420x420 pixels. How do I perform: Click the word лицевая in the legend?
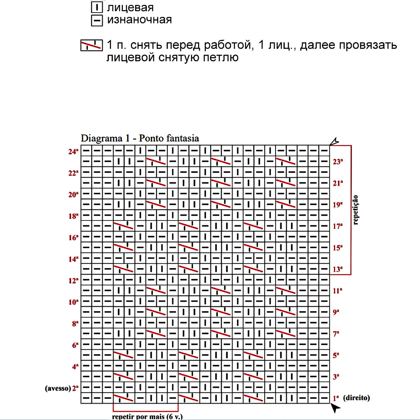tap(130, 8)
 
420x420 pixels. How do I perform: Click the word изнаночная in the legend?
tap(139, 20)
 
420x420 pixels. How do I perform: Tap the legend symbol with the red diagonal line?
tap(91, 45)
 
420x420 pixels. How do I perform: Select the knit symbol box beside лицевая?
tap(97, 7)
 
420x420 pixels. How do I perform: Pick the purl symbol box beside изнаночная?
tap(97, 20)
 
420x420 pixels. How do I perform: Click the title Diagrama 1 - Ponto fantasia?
tap(140, 138)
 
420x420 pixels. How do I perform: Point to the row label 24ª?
tap(73, 152)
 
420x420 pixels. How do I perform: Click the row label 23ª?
tap(338, 162)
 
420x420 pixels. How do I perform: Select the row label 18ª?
tap(73, 216)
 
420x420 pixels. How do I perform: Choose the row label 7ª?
tap(336, 334)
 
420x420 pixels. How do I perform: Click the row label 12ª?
tap(73, 281)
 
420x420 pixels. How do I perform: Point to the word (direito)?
tap(356, 398)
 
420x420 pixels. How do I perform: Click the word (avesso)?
tap(58, 388)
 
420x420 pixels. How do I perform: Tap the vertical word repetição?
tap(356, 210)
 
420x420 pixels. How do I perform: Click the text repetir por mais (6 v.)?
tap(147, 416)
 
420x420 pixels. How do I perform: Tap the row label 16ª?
tap(73, 238)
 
